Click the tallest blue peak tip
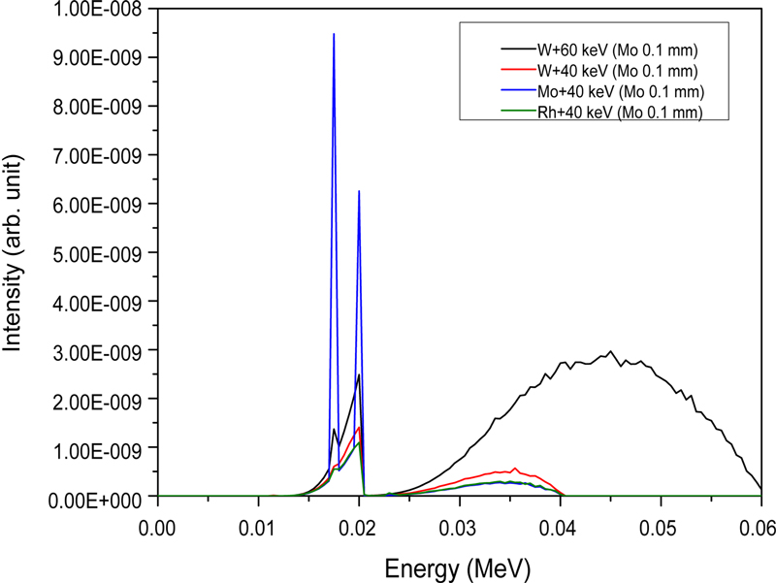334,34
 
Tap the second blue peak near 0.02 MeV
359,191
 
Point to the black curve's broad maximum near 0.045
610,352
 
